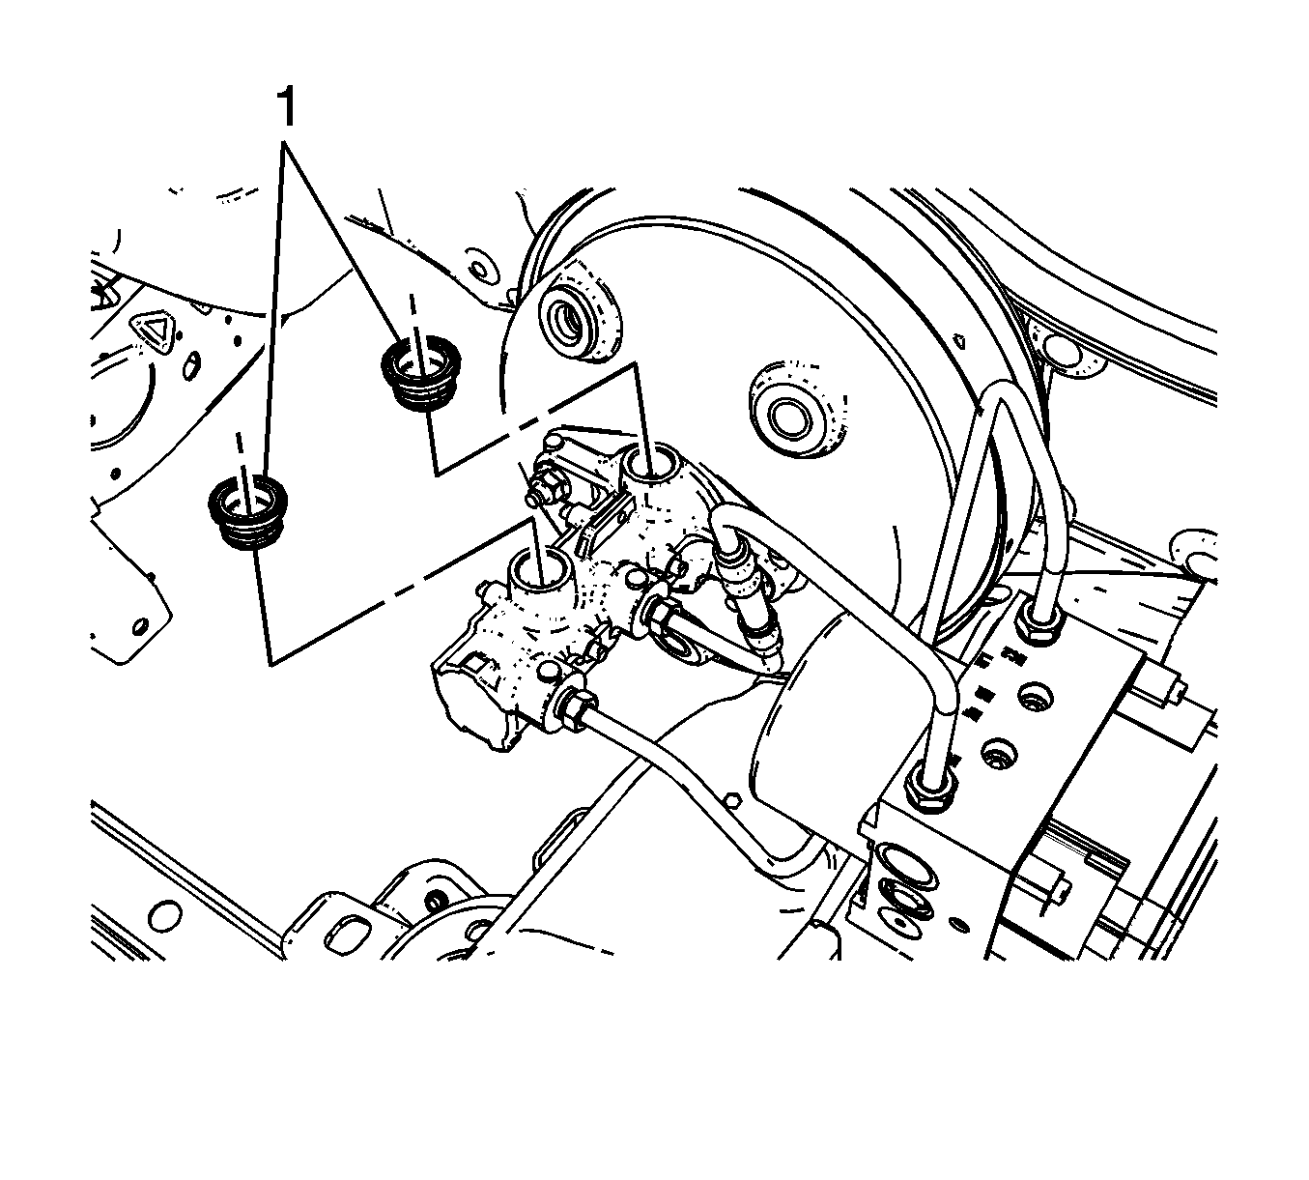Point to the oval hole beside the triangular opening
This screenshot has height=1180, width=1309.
[191, 365]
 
